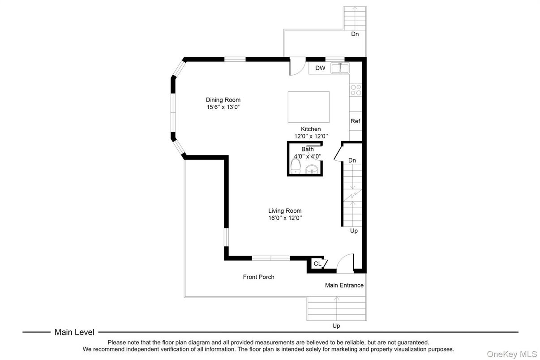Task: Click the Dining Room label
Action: click(x=223, y=100)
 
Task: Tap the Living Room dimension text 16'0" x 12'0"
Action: click(x=285, y=218)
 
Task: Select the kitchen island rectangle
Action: click(x=308, y=107)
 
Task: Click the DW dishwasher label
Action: click(x=320, y=68)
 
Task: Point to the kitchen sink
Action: click(x=340, y=68)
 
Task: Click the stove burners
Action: click(x=356, y=90)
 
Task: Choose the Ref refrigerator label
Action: click(x=356, y=121)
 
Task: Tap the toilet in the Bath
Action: click(x=295, y=167)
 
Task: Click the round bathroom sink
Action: click(x=312, y=169)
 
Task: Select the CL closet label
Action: click(x=317, y=264)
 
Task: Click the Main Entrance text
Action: click(x=344, y=285)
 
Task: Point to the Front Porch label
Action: click(x=258, y=277)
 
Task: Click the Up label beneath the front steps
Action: click(x=336, y=326)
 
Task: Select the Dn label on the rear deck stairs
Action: click(x=355, y=34)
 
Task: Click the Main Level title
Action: click(x=74, y=332)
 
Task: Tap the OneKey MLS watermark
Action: click(x=512, y=354)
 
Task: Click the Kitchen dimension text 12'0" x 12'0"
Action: click(x=311, y=136)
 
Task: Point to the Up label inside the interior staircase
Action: click(x=354, y=231)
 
